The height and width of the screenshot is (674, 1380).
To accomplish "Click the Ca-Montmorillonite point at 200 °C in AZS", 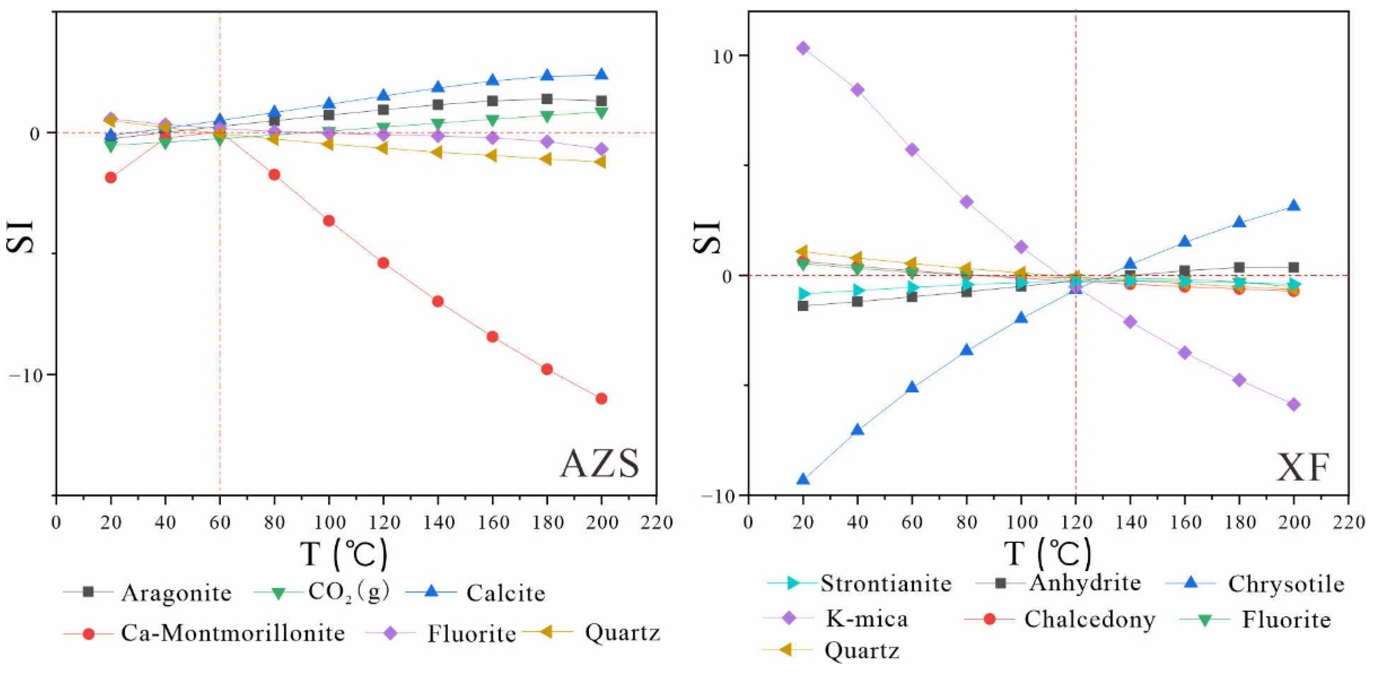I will pos(601,398).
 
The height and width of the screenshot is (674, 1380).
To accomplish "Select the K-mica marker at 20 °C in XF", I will pos(802,48).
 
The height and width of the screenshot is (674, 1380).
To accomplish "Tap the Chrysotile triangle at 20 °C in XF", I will pos(802,478).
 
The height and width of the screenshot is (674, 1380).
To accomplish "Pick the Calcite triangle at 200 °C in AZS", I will pos(601,74).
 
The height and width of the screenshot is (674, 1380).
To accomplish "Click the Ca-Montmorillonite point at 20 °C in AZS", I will pos(111,178).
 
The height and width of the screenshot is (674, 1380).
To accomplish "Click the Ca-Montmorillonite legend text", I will pos(233,633).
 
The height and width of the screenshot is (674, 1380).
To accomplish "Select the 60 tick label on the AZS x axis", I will pos(220,522).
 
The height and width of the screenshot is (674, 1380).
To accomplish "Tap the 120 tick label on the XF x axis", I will pos(1076,522).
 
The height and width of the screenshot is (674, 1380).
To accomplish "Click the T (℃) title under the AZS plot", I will pos(343,554).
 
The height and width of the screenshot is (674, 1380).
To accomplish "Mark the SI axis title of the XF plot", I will pos(708,237).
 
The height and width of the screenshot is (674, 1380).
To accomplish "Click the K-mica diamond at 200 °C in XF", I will pos(1293,404).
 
